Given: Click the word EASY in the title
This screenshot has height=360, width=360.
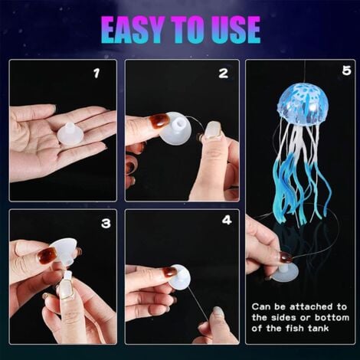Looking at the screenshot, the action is (133, 30).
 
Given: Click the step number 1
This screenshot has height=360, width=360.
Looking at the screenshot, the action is (97, 74).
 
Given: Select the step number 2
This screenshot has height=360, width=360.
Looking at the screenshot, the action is (223, 74).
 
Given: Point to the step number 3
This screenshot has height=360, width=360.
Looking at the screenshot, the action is (106, 223).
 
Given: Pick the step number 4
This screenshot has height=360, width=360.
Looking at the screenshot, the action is (227, 220).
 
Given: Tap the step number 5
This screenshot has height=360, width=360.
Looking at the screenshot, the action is (346, 70).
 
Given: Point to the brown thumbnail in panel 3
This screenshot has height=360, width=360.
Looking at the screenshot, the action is (47, 255).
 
